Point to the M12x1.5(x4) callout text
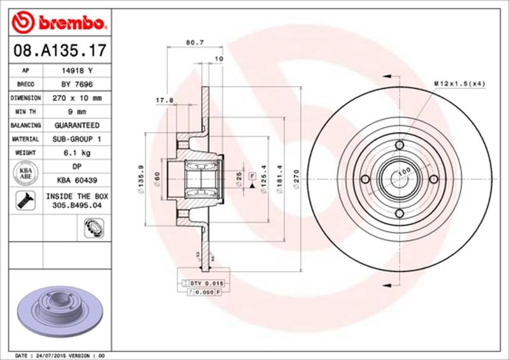[x=459, y=83]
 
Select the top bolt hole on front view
[x=399, y=146]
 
